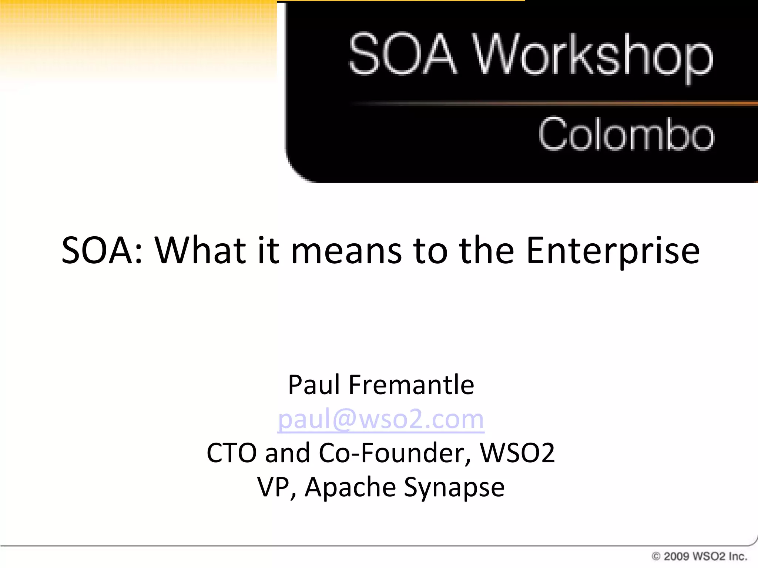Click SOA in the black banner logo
(403, 54)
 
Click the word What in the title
(200, 251)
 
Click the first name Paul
(313, 385)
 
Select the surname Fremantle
(411, 385)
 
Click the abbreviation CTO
(232, 453)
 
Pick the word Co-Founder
(395, 453)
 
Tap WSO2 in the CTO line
(517, 453)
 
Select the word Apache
(350, 487)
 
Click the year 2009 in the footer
(676, 556)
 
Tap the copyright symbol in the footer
(656, 556)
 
